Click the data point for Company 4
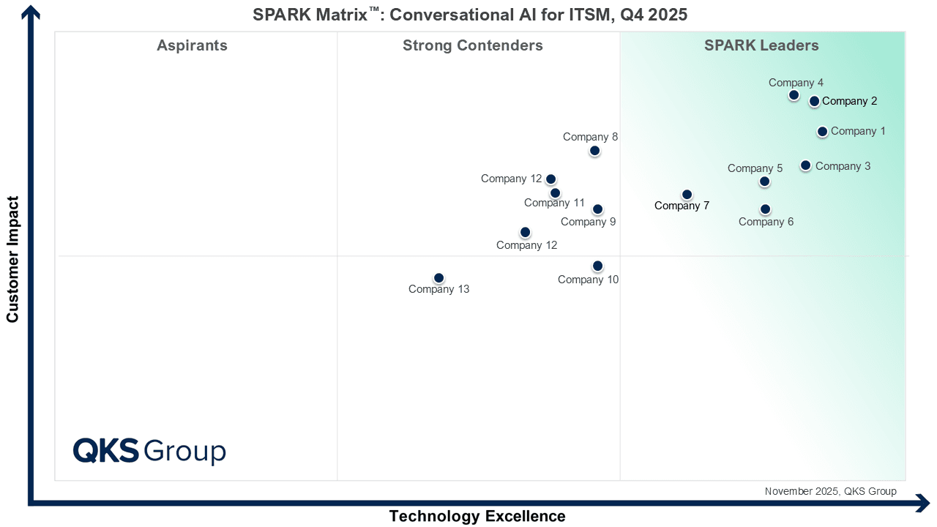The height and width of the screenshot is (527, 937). point(794,95)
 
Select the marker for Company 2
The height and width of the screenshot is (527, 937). point(814,101)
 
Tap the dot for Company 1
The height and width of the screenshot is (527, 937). point(822,132)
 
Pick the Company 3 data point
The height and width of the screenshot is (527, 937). point(805,165)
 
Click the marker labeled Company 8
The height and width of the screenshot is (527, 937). point(594,151)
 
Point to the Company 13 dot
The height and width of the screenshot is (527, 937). point(438,278)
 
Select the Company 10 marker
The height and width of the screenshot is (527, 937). point(597,266)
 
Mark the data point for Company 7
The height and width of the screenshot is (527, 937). point(687,195)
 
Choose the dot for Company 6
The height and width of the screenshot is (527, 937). point(765,209)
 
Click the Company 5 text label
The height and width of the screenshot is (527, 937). point(755,168)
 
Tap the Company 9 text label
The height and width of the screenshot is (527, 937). point(588,222)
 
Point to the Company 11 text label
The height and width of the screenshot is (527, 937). point(554,203)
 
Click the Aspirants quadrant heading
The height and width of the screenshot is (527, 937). point(192,45)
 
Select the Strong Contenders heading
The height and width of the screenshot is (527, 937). point(472,45)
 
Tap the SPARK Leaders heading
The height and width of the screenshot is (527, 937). point(761,45)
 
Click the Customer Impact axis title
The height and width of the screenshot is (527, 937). point(12,259)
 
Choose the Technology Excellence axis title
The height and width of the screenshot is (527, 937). point(477,516)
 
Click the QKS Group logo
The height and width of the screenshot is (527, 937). point(149,451)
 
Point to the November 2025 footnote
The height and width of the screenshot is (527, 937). point(830,492)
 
